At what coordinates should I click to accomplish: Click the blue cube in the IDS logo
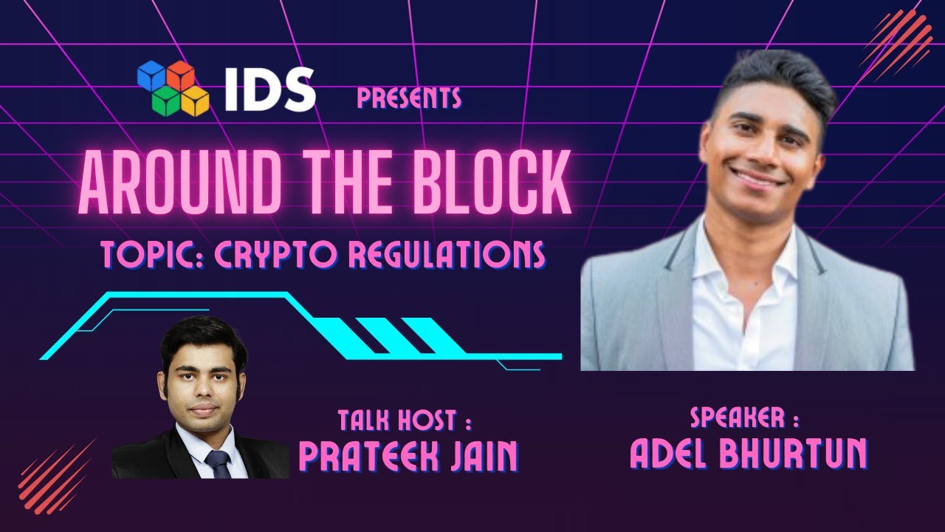[x=151, y=75]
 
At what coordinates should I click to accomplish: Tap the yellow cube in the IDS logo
[x=196, y=100]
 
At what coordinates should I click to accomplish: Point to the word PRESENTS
[x=409, y=98]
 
